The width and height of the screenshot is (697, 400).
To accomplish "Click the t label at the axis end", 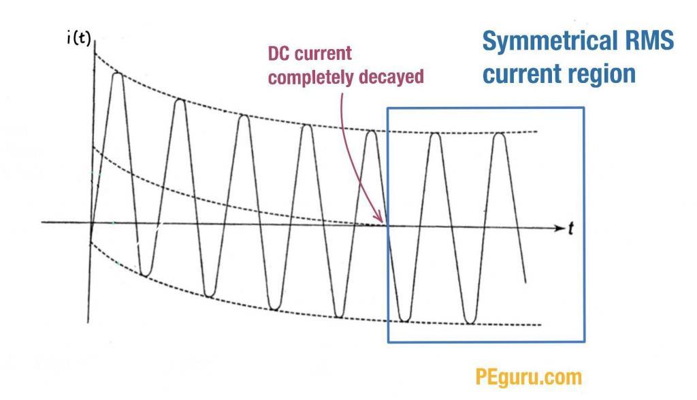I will (570, 229).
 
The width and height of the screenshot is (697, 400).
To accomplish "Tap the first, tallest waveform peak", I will (117, 73).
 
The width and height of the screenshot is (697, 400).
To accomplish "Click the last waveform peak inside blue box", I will (499, 133).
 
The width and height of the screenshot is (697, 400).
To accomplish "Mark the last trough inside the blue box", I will (470, 322).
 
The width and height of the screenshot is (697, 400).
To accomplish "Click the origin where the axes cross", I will (91, 223).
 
